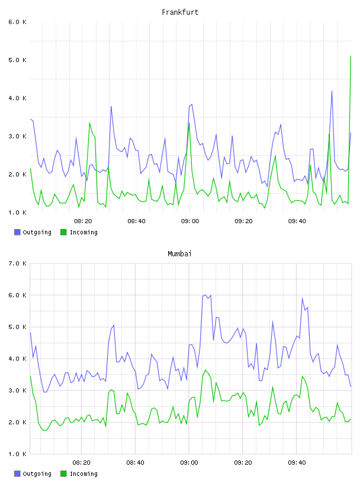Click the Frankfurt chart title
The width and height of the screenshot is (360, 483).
tap(180, 12)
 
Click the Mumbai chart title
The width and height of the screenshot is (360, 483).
tap(179, 254)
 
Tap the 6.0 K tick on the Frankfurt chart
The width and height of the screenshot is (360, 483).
tap(17, 22)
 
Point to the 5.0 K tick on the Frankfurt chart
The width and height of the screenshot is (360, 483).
tap(17, 60)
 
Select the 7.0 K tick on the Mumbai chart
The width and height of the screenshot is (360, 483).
tap(17, 263)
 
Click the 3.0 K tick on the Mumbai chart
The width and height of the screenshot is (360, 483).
tap(17, 390)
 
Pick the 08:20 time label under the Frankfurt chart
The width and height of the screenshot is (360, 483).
tap(83, 221)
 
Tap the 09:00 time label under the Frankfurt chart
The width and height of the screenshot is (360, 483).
tap(190, 221)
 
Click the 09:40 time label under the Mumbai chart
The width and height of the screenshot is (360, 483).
tap(297, 462)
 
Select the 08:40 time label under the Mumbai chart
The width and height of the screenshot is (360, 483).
tap(135, 462)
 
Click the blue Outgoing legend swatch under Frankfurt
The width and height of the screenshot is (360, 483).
tap(17, 232)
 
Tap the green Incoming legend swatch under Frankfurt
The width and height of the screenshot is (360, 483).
tap(63, 232)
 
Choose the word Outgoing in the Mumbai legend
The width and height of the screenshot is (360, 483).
tap(37, 474)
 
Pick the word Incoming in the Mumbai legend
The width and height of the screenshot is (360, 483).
tap(83, 474)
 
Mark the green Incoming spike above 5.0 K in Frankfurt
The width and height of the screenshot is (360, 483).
tap(351, 56)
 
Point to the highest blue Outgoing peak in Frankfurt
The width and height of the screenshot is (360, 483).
tap(332, 91)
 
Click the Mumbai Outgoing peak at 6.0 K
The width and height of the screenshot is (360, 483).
tap(205, 295)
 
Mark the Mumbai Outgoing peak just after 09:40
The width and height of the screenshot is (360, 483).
tap(303, 298)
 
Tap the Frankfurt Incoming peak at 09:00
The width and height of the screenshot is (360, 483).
tap(189, 123)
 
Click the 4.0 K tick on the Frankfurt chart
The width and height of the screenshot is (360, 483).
tap(17, 98)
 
